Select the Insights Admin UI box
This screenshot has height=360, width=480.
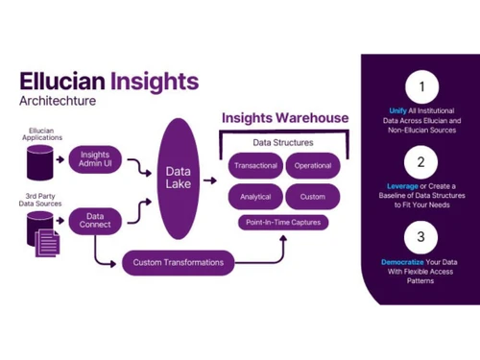[95, 160]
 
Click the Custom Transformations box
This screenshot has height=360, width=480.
[180, 262]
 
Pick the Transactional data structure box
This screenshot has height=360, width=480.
[255, 165]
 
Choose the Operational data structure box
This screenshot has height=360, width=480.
[312, 165]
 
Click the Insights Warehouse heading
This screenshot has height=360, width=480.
[284, 118]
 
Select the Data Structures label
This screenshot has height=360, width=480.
[284, 142]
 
